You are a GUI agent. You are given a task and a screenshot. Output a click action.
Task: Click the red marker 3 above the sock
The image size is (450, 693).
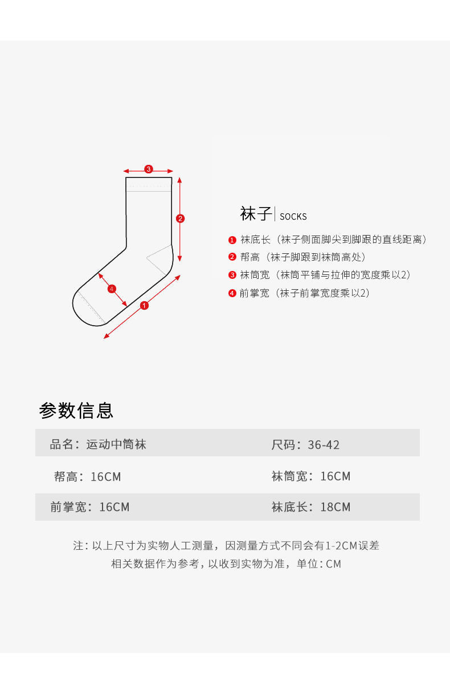pyautogui.click(x=149, y=169)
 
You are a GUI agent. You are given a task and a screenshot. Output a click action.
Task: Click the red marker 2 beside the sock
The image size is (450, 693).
pyautogui.click(x=180, y=218)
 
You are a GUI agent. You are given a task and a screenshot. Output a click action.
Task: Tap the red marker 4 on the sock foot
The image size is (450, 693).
pyautogui.click(x=112, y=289)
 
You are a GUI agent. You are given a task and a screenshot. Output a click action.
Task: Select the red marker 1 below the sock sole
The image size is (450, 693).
pyautogui.click(x=144, y=306)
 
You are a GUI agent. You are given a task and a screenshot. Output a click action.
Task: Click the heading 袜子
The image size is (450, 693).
pyautogui.click(x=256, y=214)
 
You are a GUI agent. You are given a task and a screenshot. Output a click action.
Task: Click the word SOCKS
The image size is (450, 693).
pyautogui.click(x=293, y=217)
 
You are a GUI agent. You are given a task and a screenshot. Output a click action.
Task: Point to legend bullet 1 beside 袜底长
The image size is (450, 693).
pyautogui.click(x=232, y=240)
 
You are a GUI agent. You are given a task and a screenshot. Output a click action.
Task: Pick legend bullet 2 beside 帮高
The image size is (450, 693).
pyautogui.click(x=232, y=257)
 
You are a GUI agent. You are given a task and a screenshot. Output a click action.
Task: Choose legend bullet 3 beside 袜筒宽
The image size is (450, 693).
pyautogui.click(x=232, y=275)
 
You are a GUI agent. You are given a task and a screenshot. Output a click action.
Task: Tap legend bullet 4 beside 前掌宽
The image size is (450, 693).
pyautogui.click(x=232, y=293)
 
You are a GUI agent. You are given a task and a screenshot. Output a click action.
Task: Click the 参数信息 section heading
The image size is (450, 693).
pyautogui.click(x=76, y=410)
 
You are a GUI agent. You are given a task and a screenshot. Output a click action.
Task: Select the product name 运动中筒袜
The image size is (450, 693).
pyautogui.click(x=116, y=444)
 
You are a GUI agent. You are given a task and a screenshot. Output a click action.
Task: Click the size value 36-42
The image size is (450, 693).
pyautogui.click(x=324, y=445)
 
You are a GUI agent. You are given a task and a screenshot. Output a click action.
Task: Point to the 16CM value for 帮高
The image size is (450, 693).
pyautogui.click(x=106, y=477)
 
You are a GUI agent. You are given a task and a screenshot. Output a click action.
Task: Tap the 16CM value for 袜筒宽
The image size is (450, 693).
pyautogui.click(x=336, y=476)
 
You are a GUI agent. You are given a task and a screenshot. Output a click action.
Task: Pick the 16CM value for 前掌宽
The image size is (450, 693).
pyautogui.click(x=114, y=507)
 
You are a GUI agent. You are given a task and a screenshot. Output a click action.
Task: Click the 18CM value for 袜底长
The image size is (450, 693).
pyautogui.click(x=336, y=507)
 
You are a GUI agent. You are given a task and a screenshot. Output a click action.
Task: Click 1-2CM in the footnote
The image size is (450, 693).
pyautogui.click(x=341, y=545)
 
